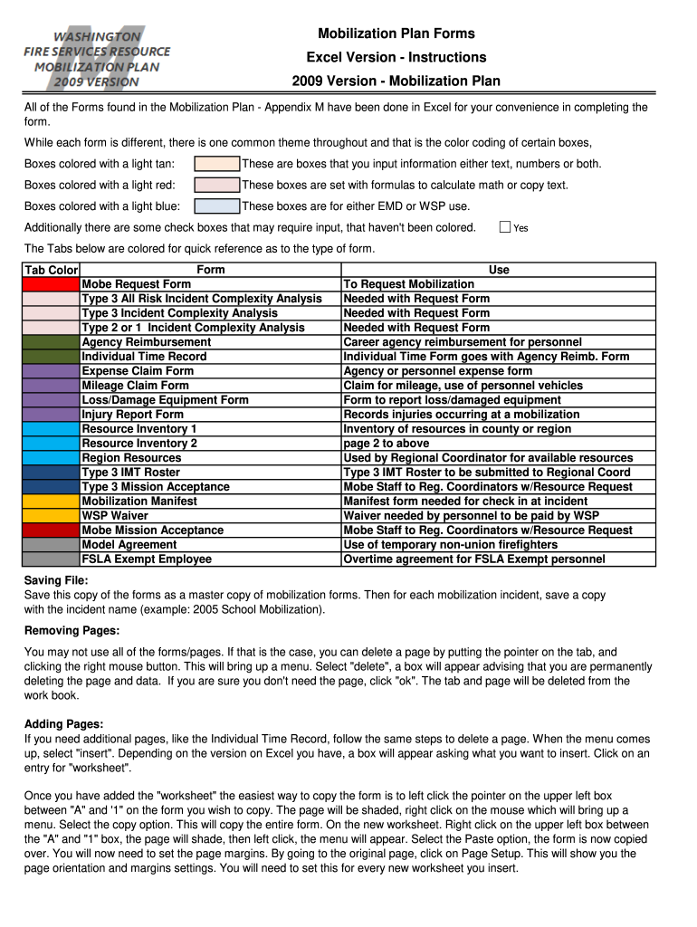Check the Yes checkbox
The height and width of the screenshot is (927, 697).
tap(506, 227)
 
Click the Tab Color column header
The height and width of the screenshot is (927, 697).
tap(52, 270)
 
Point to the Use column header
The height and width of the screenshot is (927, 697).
tap(499, 270)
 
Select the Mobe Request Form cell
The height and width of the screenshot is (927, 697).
tap(137, 284)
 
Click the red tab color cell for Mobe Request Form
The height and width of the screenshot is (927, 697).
tap(52, 284)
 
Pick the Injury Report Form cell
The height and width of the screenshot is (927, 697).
tap(133, 415)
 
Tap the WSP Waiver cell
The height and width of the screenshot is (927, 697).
tap(116, 516)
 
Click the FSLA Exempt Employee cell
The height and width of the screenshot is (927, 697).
tap(147, 559)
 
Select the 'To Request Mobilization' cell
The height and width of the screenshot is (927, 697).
tap(409, 284)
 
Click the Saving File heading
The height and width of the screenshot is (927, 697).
tap(56, 580)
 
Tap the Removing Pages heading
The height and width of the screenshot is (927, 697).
tap(72, 630)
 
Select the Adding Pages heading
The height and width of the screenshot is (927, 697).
tap(64, 724)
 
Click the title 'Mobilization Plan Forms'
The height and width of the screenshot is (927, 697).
tap(396, 33)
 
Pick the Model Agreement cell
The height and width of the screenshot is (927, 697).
tap(129, 545)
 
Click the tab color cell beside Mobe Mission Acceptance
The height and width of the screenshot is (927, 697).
tap(52, 530)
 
